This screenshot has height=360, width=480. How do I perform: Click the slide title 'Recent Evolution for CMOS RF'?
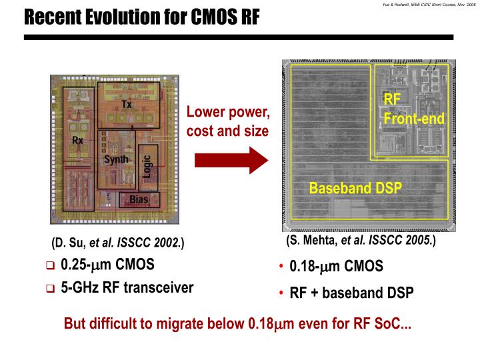141,16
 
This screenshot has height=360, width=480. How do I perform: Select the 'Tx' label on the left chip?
127,105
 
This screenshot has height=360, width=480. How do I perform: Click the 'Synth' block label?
116,159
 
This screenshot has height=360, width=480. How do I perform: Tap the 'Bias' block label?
139,199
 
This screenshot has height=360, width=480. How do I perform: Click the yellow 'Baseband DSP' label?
355,188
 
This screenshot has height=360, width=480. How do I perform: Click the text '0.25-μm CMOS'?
107,265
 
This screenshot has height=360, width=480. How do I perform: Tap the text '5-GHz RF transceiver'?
127,288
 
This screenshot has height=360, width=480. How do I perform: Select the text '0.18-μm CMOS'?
336,267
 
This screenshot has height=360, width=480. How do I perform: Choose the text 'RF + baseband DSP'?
351,293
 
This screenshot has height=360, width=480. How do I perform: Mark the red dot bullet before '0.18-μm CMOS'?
282,267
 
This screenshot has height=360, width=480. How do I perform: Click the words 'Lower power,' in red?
227,112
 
